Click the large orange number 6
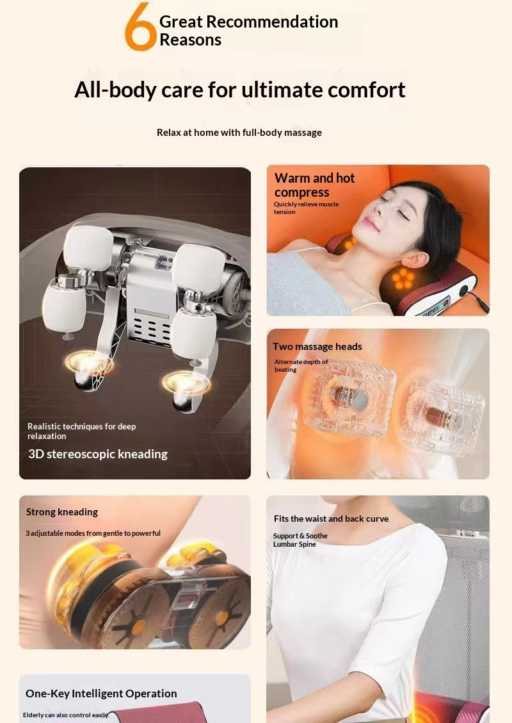point(140,27)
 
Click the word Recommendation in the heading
point(272,22)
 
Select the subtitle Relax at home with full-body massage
point(239,132)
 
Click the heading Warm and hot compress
point(314,185)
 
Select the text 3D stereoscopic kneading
point(98,454)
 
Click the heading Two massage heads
point(317,346)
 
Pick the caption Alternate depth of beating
point(301,365)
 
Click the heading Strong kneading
point(61,512)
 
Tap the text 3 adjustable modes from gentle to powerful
point(93,533)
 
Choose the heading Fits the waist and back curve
point(331,519)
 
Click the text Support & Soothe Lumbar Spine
point(300,540)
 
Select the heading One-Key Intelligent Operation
point(101,694)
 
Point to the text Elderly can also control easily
point(66,715)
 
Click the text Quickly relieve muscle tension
point(306,208)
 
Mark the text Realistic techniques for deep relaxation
point(81,431)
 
